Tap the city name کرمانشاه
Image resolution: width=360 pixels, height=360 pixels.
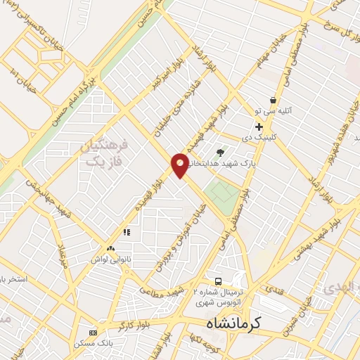click(234, 324)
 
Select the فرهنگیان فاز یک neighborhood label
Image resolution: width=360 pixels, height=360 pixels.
click(107, 153)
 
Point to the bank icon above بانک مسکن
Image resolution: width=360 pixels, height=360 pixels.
click(93, 332)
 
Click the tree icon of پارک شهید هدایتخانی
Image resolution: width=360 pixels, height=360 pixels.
click(221, 152)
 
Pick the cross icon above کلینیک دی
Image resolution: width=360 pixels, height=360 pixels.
click(259, 127)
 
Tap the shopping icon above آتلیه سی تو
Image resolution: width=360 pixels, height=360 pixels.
click(273, 101)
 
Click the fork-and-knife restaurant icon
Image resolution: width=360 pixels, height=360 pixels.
click(127, 231)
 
